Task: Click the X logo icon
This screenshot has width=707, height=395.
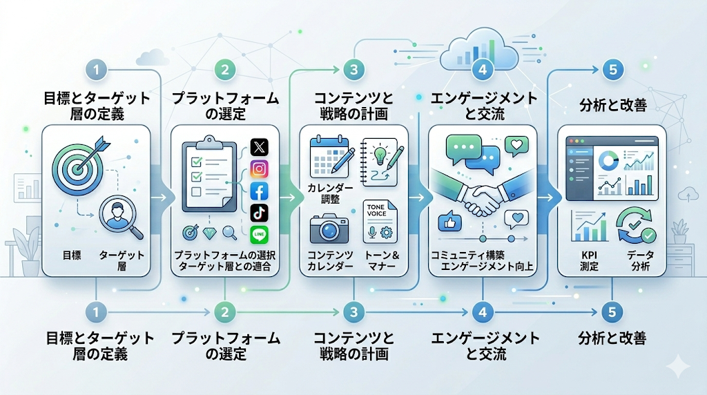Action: click(259, 147)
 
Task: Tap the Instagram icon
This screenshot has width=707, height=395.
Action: click(259, 169)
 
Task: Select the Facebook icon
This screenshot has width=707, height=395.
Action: click(259, 191)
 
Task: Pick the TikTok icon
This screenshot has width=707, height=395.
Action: click(259, 213)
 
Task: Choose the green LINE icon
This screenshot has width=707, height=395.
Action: click(259, 235)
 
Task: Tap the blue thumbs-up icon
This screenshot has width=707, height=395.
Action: click(449, 222)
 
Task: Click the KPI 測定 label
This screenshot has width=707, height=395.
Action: click(589, 262)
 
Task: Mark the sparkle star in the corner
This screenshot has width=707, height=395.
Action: click(679, 366)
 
